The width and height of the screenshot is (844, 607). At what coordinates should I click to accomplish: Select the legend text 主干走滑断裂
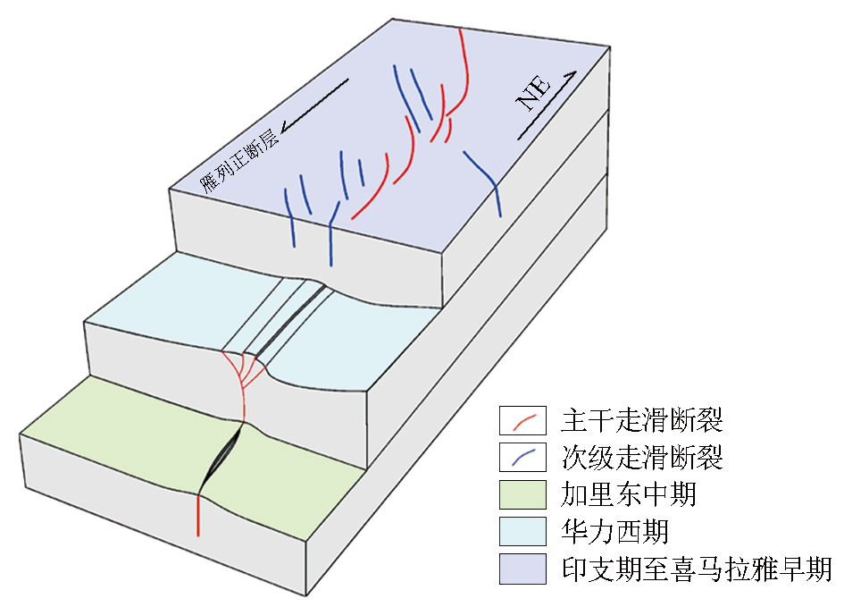tap(641, 418)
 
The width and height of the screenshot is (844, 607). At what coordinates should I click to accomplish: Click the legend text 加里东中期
tap(628, 495)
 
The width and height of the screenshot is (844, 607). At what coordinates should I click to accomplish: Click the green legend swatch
tap(522, 495)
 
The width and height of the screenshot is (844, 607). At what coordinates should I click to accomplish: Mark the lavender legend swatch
tap(522, 569)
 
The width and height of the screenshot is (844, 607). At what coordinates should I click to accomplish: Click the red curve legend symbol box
tap(522, 418)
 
